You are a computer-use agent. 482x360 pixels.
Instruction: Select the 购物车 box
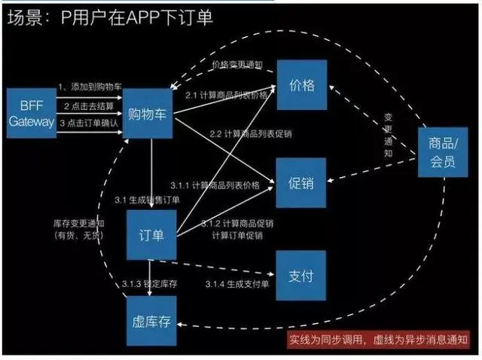point(148,114)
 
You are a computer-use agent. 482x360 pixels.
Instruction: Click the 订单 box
point(151,233)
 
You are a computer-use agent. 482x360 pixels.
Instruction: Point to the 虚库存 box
point(150,322)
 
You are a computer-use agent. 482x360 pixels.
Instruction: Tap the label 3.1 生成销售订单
point(147,200)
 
